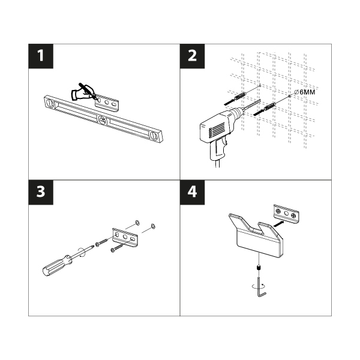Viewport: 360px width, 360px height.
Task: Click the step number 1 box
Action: [41, 56]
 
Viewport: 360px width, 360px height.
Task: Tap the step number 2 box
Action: [192, 56]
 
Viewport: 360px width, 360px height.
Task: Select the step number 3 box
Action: [41, 192]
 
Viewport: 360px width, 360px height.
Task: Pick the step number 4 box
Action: [192, 192]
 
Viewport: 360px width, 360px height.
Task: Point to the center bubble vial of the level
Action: [102, 119]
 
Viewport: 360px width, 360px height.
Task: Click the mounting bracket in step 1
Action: [107, 103]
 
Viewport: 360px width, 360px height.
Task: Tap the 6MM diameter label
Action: [304, 92]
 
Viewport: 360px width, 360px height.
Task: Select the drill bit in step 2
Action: [252, 105]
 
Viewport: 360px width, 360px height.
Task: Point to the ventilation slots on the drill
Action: [217, 130]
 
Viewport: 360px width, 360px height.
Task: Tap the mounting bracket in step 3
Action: [125, 238]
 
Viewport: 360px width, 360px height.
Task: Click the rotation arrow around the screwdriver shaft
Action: [81, 253]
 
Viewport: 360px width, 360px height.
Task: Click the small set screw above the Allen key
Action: [259, 268]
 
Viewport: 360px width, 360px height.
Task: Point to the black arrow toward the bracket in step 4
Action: [278, 224]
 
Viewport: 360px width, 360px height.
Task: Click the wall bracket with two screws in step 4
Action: [287, 214]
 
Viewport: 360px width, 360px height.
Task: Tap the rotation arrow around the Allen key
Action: [259, 286]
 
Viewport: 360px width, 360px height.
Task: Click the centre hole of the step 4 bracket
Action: [286, 214]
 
